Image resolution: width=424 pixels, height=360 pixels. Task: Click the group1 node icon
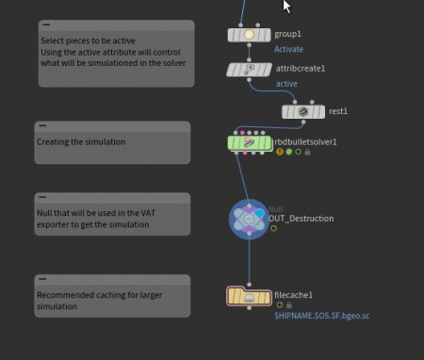click(249, 35)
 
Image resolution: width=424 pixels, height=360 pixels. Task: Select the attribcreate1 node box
click(249, 70)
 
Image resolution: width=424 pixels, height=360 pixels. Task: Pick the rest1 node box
click(303, 111)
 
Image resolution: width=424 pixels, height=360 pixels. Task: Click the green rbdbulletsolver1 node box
click(250, 143)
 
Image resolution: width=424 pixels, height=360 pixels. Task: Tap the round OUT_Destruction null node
click(250, 218)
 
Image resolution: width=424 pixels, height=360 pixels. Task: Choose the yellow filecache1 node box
click(249, 297)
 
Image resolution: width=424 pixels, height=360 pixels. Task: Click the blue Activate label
click(289, 48)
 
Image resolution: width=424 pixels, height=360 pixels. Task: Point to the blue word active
click(286, 84)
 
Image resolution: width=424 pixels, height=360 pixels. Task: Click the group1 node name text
click(287, 34)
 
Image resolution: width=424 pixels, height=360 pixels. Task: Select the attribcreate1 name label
click(299, 69)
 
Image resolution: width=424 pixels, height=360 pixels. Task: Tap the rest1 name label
click(338, 111)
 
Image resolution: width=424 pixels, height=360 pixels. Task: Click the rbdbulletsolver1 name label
click(304, 142)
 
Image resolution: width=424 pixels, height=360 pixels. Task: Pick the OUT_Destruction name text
click(301, 219)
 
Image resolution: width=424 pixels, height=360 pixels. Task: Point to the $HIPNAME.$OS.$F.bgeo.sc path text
click(321, 316)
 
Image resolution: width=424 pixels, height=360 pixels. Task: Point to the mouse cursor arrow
click(286, 6)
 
